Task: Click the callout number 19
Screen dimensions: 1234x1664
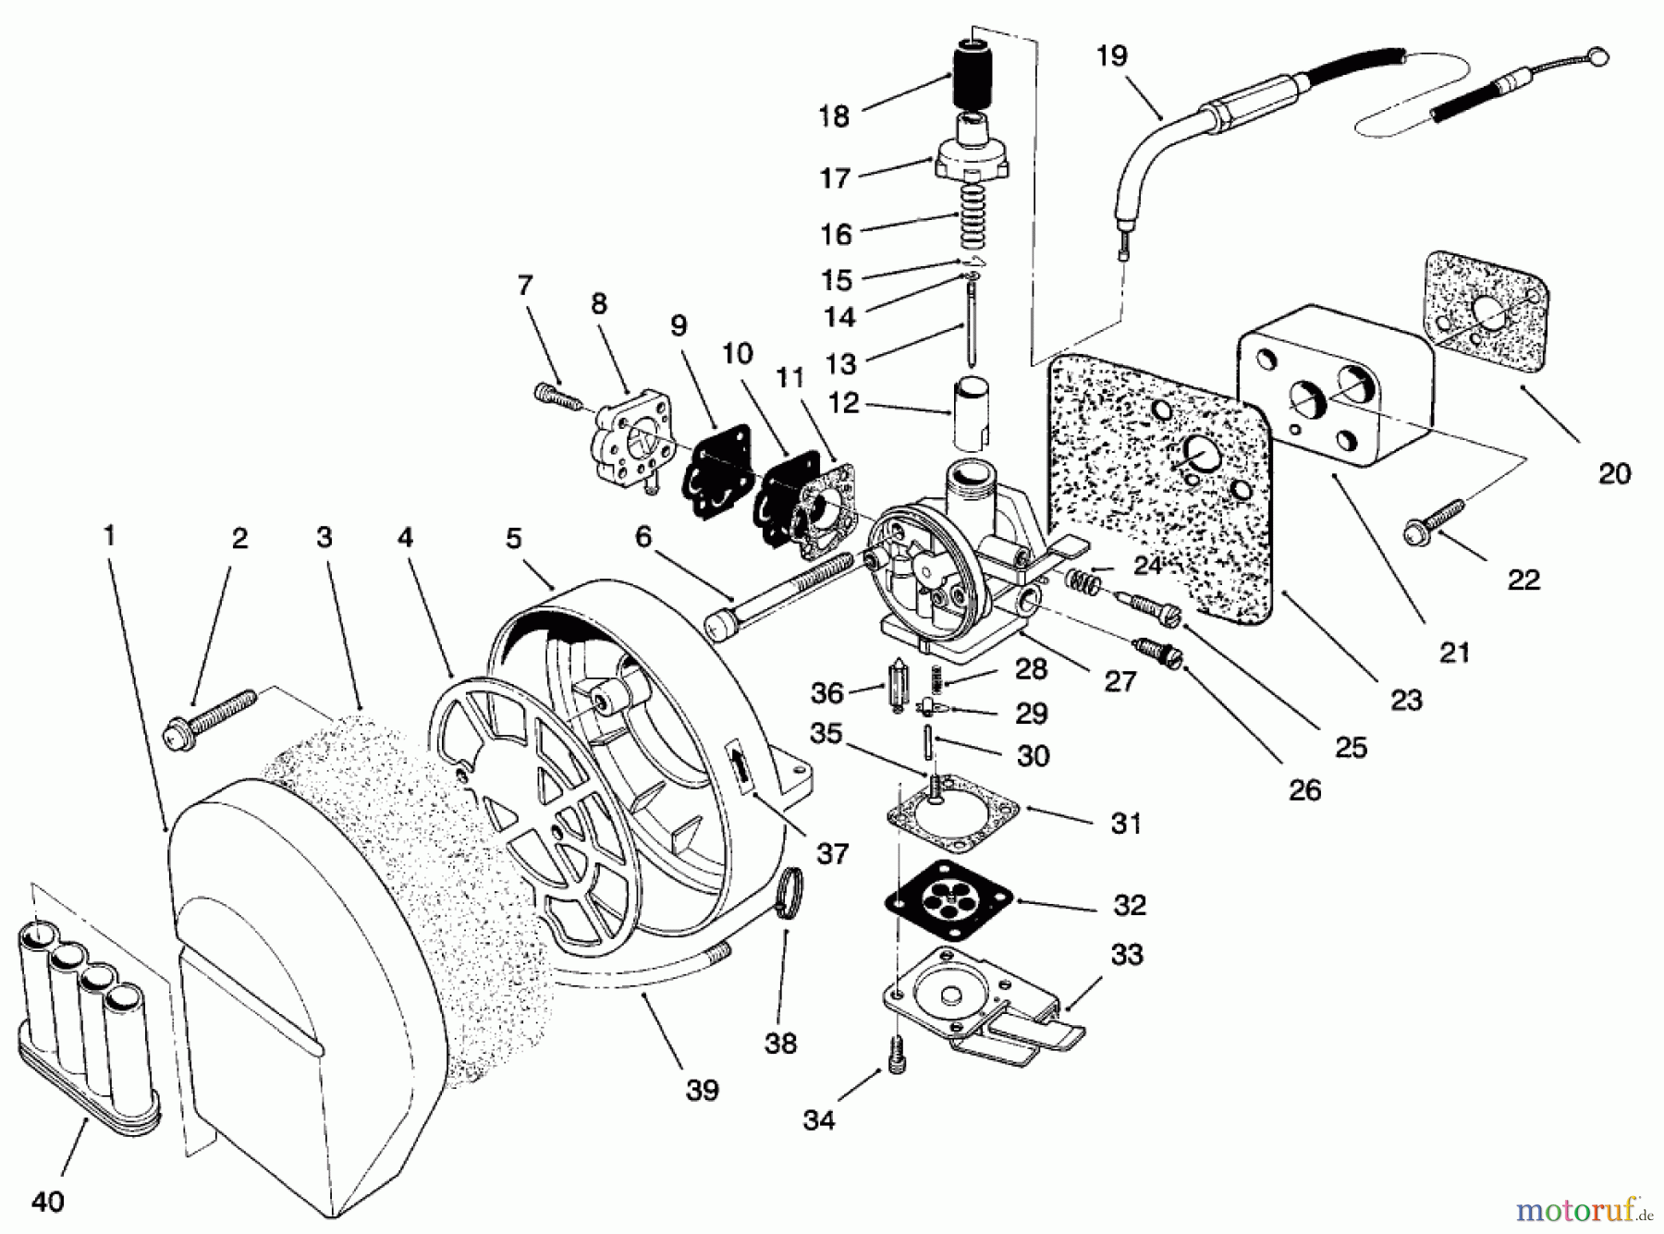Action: (x=1111, y=56)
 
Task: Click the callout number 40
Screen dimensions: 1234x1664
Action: (x=48, y=1202)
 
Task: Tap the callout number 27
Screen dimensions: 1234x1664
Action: (x=1120, y=682)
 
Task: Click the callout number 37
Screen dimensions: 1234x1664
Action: (x=832, y=853)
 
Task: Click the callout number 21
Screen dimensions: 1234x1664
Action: (x=1454, y=653)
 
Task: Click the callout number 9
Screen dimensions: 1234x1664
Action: (x=679, y=325)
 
